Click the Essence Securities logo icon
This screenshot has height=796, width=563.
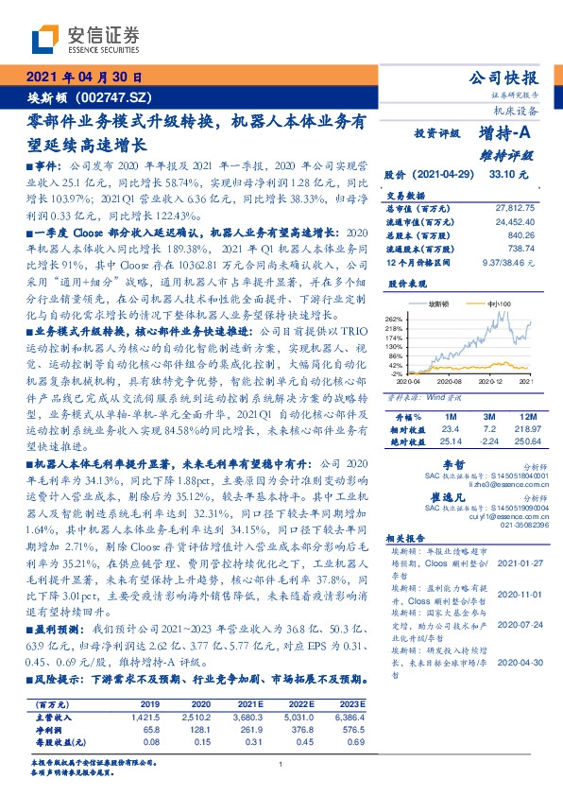[45, 40]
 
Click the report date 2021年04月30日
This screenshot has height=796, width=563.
[83, 78]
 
